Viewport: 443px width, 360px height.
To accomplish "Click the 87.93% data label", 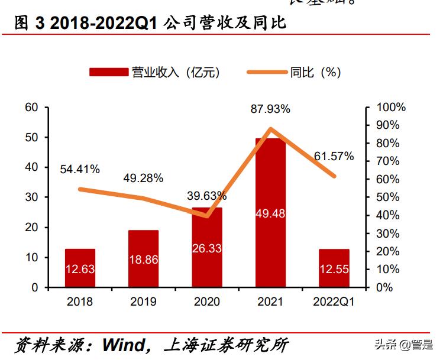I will [270, 109].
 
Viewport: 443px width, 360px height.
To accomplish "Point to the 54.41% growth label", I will [80, 169].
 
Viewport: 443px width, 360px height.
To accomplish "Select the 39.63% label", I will [206, 196].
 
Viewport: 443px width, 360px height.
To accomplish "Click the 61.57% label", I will [334, 156].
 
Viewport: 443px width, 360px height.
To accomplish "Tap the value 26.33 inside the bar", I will [206, 249].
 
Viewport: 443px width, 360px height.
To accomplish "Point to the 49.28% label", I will [143, 178].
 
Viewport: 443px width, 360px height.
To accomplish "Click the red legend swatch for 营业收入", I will [108, 72].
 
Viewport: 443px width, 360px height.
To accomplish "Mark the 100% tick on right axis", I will [392, 107].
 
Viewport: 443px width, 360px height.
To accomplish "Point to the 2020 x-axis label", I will [206, 302].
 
